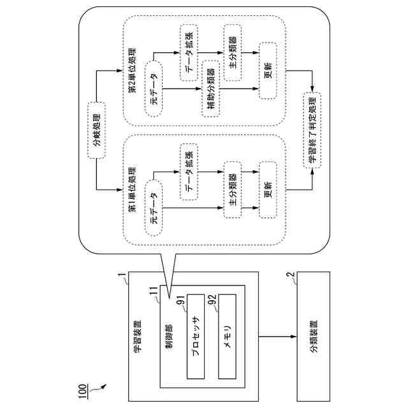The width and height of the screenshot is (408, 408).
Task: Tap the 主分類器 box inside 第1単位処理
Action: point(232,190)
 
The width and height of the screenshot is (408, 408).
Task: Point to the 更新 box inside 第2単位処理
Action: point(268,71)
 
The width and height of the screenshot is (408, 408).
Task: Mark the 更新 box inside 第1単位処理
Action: point(268,190)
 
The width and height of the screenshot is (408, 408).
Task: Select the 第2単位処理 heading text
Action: point(131,69)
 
